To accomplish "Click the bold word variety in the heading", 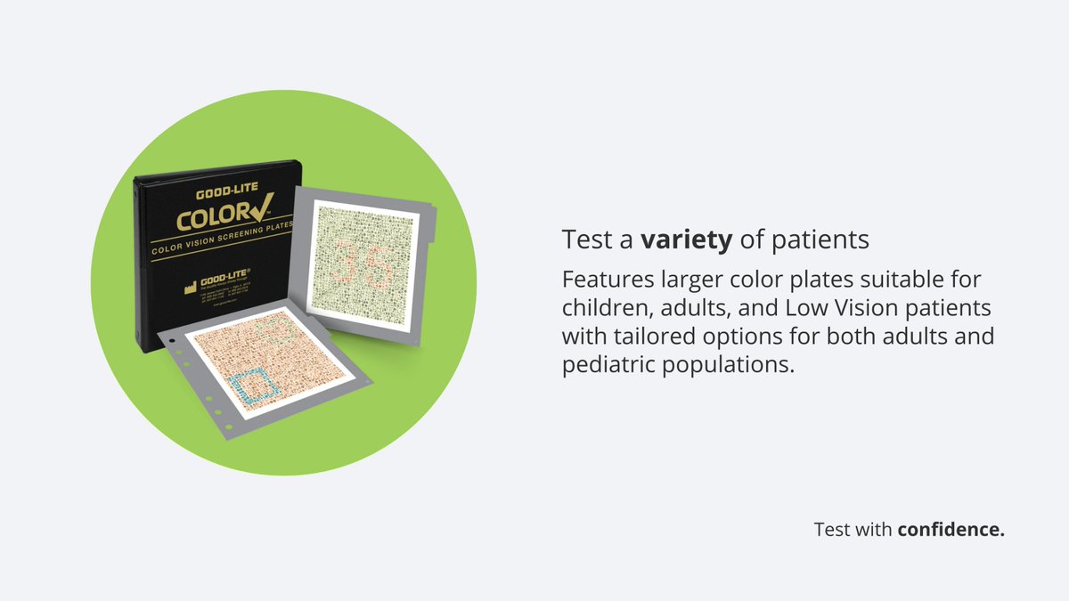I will (681, 240).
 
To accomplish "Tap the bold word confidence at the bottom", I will (951, 530).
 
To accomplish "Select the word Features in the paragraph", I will (608, 280).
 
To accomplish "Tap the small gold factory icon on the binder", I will (189, 288).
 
